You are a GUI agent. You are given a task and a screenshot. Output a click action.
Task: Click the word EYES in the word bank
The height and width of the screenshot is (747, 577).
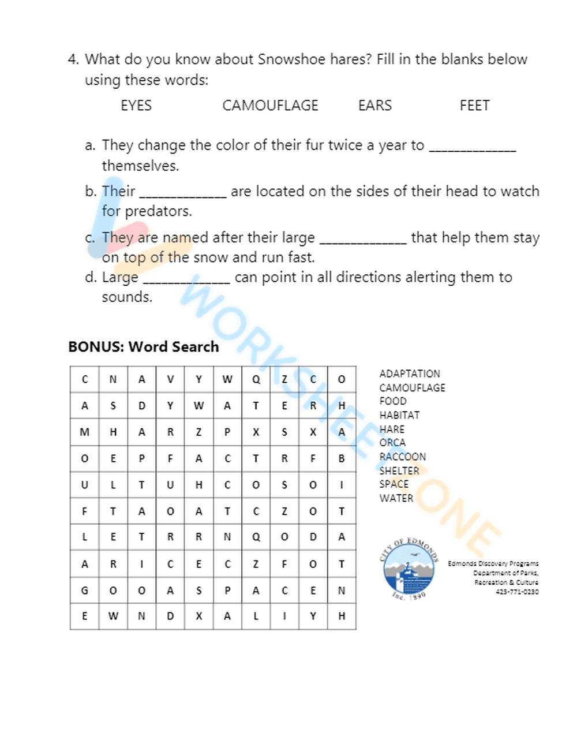pos(136,106)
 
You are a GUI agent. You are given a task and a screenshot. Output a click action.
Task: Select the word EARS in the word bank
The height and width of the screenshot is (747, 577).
pos(374,106)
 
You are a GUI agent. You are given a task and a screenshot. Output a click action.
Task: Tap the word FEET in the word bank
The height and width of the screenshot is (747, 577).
pos(474,106)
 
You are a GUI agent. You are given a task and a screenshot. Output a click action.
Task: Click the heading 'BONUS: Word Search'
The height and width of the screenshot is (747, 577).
pos(144,347)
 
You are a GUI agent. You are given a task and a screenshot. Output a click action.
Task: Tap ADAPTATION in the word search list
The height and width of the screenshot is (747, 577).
pos(410,373)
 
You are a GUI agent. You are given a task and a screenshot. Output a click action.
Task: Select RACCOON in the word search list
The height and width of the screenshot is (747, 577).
pos(403,457)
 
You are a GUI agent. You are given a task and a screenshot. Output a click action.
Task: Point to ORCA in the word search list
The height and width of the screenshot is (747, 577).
pos(392,443)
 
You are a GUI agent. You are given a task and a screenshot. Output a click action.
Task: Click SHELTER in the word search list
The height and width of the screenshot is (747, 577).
pos(399,470)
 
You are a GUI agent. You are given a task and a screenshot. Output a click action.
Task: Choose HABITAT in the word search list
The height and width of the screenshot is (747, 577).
pos(399,415)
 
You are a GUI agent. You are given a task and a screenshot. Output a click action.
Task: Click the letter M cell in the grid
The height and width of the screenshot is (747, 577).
pos(84,432)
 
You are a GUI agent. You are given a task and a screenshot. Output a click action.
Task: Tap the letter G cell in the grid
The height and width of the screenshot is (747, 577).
pos(84,590)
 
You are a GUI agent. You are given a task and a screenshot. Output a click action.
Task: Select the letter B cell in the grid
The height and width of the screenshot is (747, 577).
pos(342,458)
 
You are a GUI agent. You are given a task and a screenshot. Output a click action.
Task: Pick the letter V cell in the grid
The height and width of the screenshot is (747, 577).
pos(170,379)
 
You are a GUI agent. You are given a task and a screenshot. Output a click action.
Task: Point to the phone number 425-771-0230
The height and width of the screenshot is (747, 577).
pos(517,592)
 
